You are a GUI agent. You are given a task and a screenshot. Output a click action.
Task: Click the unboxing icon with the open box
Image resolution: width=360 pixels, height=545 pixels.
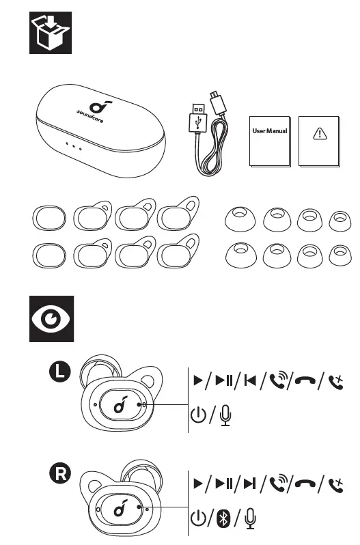(x=51, y=33)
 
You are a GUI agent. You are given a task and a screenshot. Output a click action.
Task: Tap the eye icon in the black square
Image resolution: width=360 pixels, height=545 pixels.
(x=51, y=319)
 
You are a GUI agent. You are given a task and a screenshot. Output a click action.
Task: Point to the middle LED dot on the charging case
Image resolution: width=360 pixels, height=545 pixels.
(x=74, y=146)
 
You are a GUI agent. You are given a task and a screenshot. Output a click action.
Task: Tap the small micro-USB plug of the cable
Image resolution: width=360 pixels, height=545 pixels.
(x=217, y=102)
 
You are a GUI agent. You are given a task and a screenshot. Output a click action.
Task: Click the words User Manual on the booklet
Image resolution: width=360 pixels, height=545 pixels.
(x=270, y=131)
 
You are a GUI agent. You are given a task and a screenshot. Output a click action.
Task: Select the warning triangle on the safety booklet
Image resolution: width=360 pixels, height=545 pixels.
(x=320, y=133)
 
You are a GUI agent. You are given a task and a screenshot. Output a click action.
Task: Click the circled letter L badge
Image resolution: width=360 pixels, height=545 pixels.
(x=59, y=372)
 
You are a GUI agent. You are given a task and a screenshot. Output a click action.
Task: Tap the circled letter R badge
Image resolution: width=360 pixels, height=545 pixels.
(x=61, y=473)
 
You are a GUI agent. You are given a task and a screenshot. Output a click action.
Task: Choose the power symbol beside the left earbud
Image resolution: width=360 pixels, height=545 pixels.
(x=198, y=415)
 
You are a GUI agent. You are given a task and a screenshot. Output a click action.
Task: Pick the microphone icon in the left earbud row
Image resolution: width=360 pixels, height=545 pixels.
(x=225, y=415)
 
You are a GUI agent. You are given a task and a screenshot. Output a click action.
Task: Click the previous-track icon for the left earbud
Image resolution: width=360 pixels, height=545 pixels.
(x=250, y=380)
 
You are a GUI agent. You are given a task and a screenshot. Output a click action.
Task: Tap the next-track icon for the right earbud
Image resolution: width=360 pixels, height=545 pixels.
(x=249, y=483)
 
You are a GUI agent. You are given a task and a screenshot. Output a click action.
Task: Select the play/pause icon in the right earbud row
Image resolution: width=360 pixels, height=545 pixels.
(x=224, y=483)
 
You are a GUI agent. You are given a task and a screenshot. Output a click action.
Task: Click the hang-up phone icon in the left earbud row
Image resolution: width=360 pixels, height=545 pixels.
(x=305, y=380)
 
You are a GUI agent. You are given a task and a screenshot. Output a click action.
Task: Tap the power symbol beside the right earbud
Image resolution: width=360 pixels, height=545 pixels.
(x=198, y=518)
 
